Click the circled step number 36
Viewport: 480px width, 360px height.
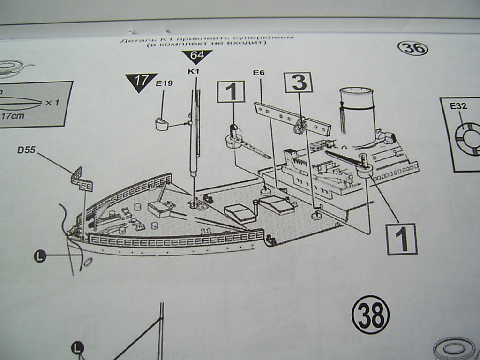tap(412, 48)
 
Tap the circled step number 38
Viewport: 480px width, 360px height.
tap(370, 315)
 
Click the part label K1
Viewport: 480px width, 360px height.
tap(194, 71)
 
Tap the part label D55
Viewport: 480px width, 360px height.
tap(27, 150)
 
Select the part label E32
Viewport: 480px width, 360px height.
tap(458, 106)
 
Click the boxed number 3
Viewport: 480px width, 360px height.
tap(299, 83)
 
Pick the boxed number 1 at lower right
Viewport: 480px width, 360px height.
tap(401, 239)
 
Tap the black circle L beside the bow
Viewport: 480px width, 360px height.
tap(40, 256)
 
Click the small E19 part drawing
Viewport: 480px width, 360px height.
tap(162, 125)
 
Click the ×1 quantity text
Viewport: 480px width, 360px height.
tap(52, 103)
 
